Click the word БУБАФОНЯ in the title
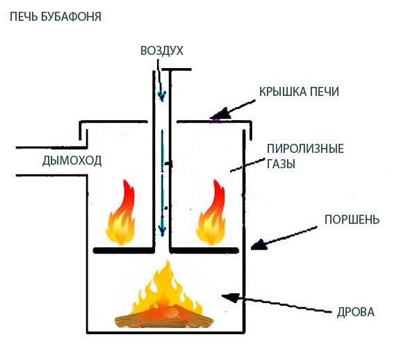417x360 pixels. [x=70, y=15]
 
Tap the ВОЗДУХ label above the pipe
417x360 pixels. [x=161, y=51]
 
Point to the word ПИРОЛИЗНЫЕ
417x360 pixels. [x=296, y=149]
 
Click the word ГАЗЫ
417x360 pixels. [x=281, y=164]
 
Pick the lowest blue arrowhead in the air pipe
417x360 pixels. [x=161, y=231]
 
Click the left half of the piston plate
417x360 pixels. [x=123, y=249]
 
